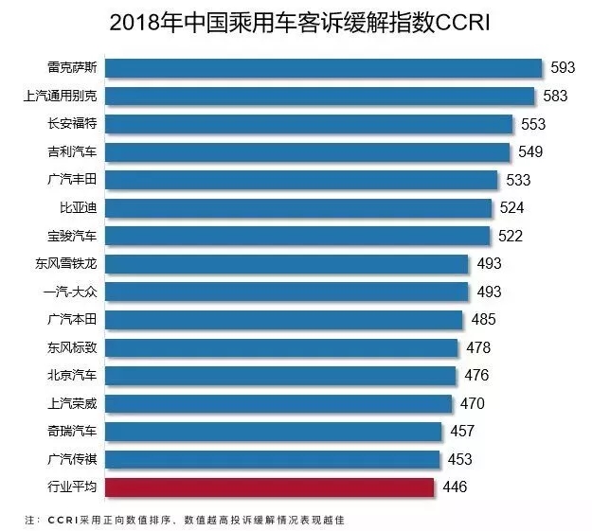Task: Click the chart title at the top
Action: click(x=299, y=23)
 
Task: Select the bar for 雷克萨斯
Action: click(x=323, y=68)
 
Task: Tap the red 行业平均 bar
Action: click(x=269, y=487)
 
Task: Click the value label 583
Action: click(x=555, y=96)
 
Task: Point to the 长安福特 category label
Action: click(x=72, y=123)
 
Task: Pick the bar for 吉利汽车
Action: click(x=307, y=152)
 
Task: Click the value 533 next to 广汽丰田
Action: click(x=518, y=180)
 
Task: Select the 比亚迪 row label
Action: click(x=79, y=207)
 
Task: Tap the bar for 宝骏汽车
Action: click(x=297, y=236)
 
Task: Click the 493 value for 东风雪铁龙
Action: click(x=489, y=263)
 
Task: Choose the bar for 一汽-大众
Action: click(x=286, y=292)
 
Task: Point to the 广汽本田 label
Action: click(x=72, y=319)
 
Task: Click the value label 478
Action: click(x=478, y=347)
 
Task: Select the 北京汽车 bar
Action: click(x=280, y=376)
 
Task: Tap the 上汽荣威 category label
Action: click(x=72, y=403)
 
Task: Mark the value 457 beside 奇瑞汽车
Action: click(x=462, y=431)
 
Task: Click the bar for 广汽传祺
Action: click(x=272, y=459)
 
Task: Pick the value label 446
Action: click(x=455, y=487)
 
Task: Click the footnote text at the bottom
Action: click(x=185, y=520)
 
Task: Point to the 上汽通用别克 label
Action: click(x=60, y=96)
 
